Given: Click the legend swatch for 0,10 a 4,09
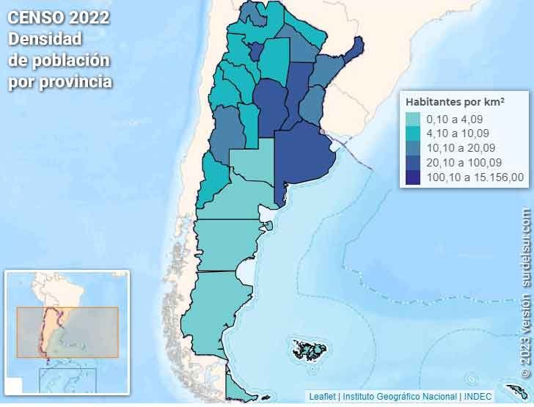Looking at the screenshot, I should click(414, 120).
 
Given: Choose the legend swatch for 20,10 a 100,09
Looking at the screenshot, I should click(414, 162).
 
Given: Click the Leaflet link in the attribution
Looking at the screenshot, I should click(323, 396).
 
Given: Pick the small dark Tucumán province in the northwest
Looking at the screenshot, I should click(255, 51).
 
